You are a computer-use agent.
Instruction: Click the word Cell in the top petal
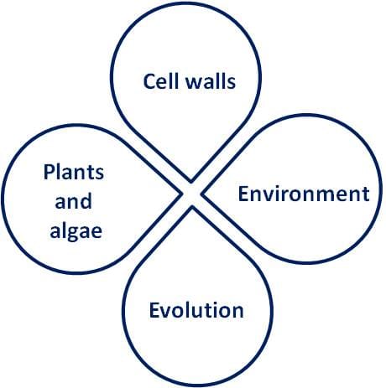tap(159, 81)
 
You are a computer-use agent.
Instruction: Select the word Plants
tap(74, 172)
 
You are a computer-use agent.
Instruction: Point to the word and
tap(73, 201)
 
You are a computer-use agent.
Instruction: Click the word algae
tap(76, 231)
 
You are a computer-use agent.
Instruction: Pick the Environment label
tap(304, 194)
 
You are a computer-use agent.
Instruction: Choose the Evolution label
tap(196, 310)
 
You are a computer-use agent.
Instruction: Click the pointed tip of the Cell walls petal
tap(191, 182)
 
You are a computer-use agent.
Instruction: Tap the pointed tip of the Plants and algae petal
tap(182, 194)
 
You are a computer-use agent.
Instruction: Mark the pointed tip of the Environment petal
tap(201, 194)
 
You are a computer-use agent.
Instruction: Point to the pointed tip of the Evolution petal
tap(192, 207)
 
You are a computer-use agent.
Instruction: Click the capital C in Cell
tap(149, 81)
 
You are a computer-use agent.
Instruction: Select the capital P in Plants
tap(49, 172)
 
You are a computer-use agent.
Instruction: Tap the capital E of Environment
tap(243, 194)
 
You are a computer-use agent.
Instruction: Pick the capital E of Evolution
tap(154, 310)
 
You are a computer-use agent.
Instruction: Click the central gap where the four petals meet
tap(191, 194)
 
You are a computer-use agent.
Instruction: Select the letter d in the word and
tap(86, 201)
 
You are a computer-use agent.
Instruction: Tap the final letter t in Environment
tap(366, 194)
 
